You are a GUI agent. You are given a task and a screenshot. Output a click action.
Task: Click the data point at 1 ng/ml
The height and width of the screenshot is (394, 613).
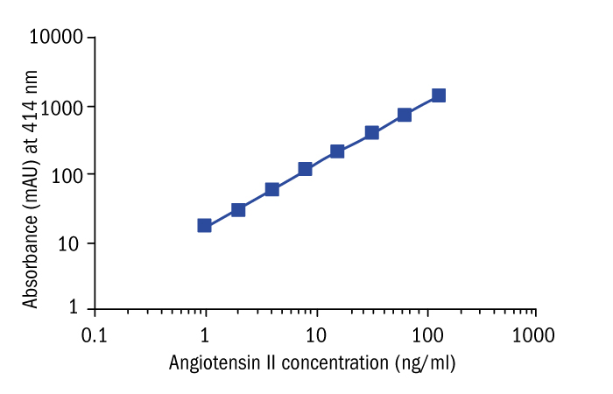click(205, 225)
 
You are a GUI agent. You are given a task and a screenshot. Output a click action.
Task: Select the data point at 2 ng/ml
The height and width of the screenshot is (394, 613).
click(238, 210)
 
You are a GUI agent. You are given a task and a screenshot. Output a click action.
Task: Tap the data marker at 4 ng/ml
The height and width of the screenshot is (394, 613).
click(272, 189)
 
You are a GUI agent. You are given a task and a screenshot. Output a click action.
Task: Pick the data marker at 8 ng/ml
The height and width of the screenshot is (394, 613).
click(306, 169)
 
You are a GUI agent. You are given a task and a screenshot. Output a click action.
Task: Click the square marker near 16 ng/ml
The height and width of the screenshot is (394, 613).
click(337, 151)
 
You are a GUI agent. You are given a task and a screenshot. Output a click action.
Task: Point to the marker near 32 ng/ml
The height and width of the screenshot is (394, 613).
click(372, 132)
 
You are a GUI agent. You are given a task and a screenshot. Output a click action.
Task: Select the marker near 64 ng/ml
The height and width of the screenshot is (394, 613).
click(405, 115)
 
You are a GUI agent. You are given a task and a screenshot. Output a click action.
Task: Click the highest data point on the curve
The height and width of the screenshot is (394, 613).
click(439, 95)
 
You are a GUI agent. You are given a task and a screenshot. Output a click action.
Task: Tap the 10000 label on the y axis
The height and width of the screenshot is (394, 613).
click(56, 38)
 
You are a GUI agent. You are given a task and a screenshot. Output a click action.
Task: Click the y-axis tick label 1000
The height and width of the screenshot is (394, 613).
click(61, 107)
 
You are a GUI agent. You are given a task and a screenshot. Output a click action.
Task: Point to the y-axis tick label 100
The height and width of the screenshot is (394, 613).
click(67, 174)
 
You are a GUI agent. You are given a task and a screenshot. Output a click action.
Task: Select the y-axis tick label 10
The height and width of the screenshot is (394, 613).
click(72, 243)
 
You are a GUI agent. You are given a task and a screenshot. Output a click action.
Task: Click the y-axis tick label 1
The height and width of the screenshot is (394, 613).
click(78, 308)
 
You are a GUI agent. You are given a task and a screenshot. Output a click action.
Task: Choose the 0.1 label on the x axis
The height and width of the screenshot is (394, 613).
click(94, 335)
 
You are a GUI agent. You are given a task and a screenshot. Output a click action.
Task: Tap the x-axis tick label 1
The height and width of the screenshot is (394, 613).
click(205, 335)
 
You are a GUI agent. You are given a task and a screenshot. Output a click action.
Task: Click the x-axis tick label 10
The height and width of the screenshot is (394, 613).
click(315, 335)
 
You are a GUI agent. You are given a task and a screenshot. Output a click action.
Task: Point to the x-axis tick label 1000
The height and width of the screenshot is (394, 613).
click(534, 335)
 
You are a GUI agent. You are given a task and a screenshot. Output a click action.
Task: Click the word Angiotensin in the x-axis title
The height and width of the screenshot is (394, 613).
click(211, 362)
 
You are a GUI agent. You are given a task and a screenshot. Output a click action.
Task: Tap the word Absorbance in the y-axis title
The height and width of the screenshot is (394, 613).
click(32, 263)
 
